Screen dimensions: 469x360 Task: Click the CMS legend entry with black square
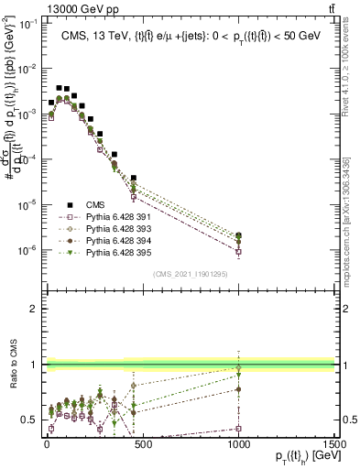95,206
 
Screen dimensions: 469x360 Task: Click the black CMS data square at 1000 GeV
238,235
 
